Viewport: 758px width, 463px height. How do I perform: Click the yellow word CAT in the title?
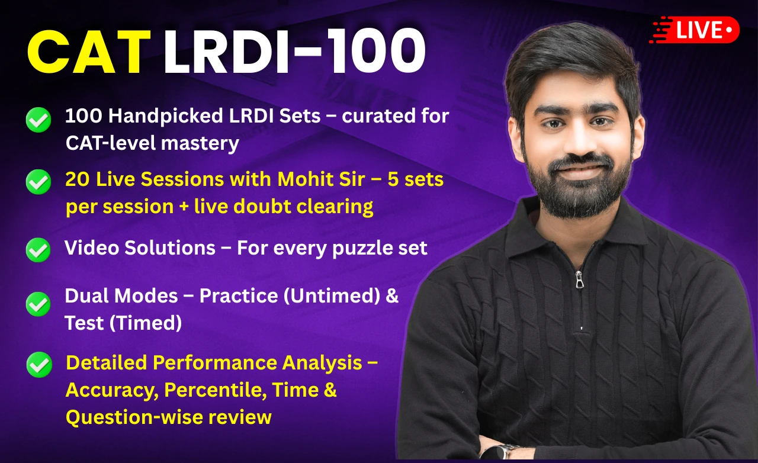(x=89, y=52)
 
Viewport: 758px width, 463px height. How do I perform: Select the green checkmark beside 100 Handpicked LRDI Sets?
(x=38, y=120)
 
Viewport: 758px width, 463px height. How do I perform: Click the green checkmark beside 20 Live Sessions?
(x=38, y=182)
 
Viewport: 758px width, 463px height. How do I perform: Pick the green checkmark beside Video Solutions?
(x=38, y=250)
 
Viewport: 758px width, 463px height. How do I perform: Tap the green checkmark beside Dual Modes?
(x=38, y=304)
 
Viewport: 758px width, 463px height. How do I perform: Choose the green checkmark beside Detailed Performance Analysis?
(x=39, y=365)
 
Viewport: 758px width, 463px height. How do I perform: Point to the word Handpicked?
(x=165, y=117)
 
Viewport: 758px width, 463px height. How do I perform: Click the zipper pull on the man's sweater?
(x=579, y=280)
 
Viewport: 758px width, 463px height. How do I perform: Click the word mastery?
(x=200, y=144)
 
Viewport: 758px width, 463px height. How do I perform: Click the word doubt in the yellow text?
(x=262, y=207)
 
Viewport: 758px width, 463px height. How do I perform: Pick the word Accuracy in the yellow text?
(x=112, y=391)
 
